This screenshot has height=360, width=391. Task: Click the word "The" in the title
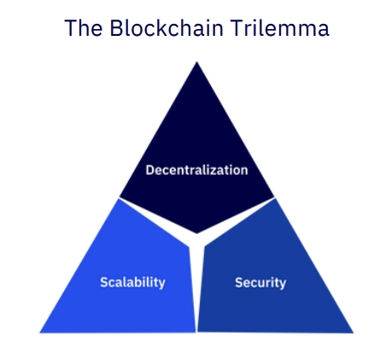pyautogui.click(x=84, y=27)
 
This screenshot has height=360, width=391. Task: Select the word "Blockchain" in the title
pyautogui.click(x=166, y=27)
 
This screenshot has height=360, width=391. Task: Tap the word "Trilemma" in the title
pyautogui.click(x=280, y=27)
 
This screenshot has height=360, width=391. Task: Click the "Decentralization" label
pyautogui.click(x=196, y=170)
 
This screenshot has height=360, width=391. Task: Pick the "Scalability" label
pyautogui.click(x=132, y=282)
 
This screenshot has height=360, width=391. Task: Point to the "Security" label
pyautogui.click(x=260, y=282)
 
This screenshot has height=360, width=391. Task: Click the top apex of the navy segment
pyautogui.click(x=197, y=62)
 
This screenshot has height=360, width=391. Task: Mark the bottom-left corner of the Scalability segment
pyautogui.click(x=40, y=333)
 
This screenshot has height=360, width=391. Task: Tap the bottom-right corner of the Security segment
pyautogui.click(x=353, y=333)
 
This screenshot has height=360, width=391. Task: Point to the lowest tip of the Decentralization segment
pyautogui.click(x=197, y=234)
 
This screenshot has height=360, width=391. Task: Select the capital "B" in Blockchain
pyautogui.click(x=116, y=27)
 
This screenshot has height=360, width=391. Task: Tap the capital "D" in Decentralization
pyautogui.click(x=150, y=170)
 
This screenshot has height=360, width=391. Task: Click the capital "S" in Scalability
pyautogui.click(x=104, y=282)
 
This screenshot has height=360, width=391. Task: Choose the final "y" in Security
pyautogui.click(x=283, y=284)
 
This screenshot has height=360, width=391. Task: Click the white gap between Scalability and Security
pyautogui.click(x=196, y=287)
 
